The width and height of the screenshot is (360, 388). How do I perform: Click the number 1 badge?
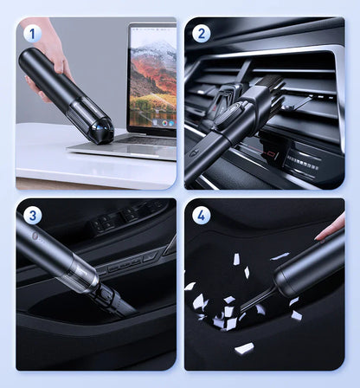point(32,34)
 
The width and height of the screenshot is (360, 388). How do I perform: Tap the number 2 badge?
point(201,34)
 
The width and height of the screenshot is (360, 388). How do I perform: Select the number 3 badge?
point(32,216)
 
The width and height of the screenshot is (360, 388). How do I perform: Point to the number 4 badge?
point(201,216)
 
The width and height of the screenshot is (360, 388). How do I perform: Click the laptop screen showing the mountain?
point(153,77)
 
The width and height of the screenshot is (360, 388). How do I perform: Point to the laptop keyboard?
point(149,141)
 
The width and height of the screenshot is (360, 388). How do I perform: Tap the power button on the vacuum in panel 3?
point(35,236)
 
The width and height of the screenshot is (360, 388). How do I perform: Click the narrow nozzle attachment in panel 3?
point(114,301)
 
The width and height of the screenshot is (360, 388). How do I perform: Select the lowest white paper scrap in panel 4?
point(244,349)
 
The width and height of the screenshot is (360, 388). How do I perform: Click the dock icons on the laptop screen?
point(164,122)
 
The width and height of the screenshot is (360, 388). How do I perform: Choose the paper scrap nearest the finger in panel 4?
point(280,256)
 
